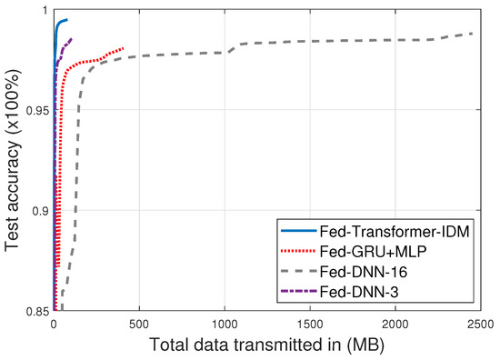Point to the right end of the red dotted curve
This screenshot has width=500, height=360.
(x=123, y=48)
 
